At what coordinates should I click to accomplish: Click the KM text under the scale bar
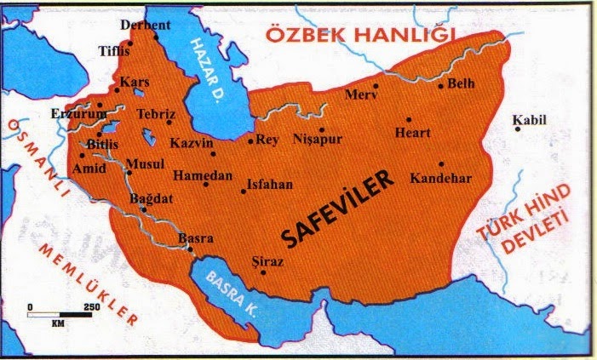tap(58, 324)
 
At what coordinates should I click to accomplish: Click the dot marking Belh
tap(440, 85)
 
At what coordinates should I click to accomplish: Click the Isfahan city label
tap(269, 183)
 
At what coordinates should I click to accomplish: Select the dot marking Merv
tap(376, 85)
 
